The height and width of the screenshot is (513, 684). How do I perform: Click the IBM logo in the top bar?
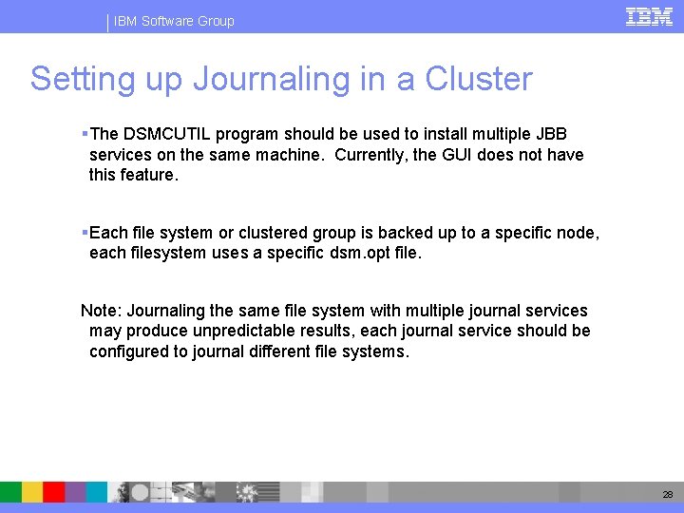(649, 16)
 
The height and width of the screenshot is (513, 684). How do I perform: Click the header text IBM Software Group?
(174, 21)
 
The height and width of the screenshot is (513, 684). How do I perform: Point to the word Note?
(100, 311)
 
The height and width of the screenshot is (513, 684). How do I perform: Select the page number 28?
(668, 495)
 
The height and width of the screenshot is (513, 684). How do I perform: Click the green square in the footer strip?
(10, 491)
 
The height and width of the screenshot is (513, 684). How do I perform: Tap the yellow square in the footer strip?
(32, 491)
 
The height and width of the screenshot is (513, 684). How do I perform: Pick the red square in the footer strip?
(54, 491)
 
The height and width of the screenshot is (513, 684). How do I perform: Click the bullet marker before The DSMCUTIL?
(85, 133)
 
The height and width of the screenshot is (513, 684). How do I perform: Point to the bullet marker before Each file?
(85, 233)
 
